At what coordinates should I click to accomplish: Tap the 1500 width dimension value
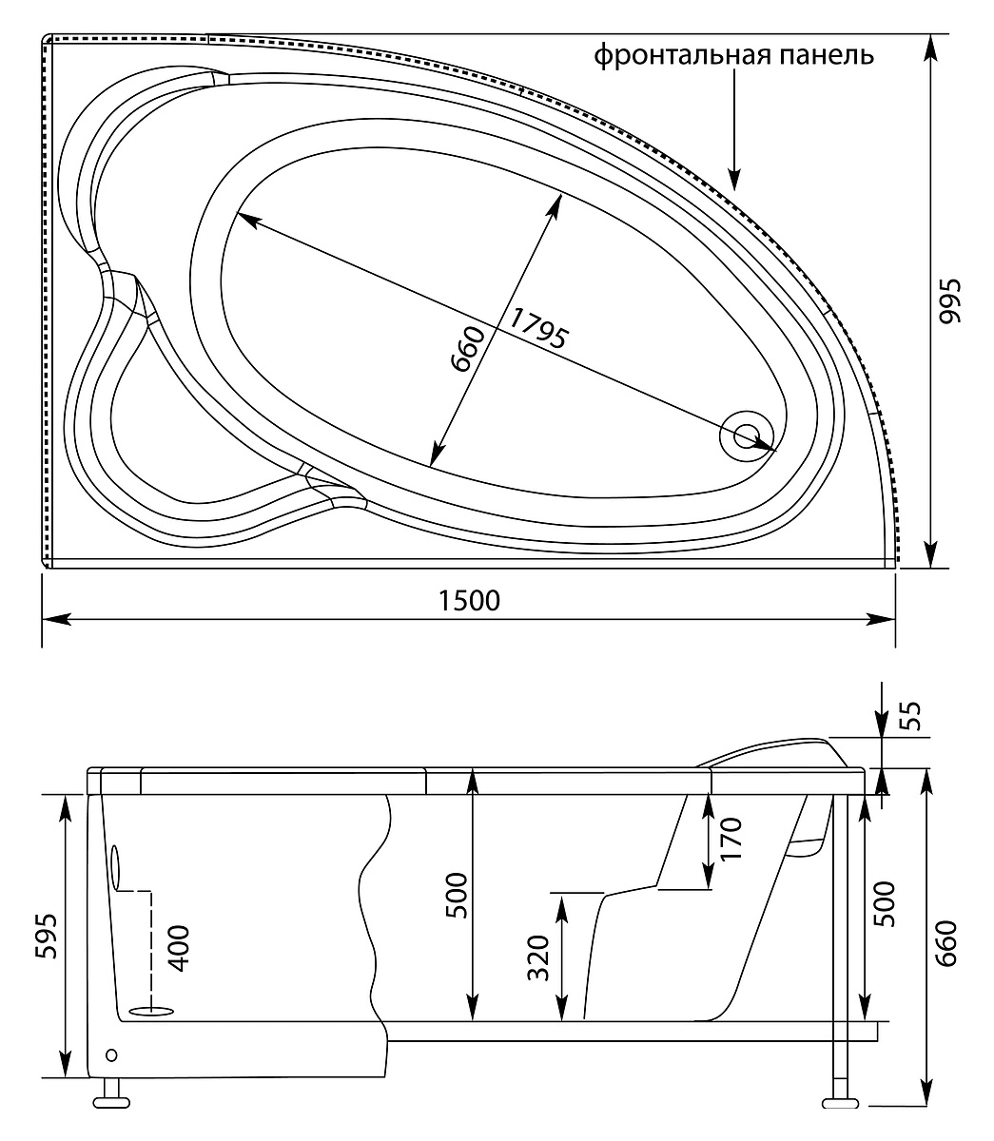click(469, 601)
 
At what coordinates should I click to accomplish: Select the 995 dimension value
click(950, 301)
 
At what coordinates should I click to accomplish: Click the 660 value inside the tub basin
click(469, 350)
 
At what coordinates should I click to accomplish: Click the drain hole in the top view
click(747, 435)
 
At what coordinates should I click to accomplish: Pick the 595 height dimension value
click(46, 936)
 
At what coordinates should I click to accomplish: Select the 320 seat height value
click(538, 957)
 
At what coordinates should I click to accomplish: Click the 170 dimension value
click(731, 839)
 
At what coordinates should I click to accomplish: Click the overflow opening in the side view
click(116, 868)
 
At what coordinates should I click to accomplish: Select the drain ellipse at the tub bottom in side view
click(152, 1011)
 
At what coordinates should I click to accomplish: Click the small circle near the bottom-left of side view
click(111, 1054)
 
